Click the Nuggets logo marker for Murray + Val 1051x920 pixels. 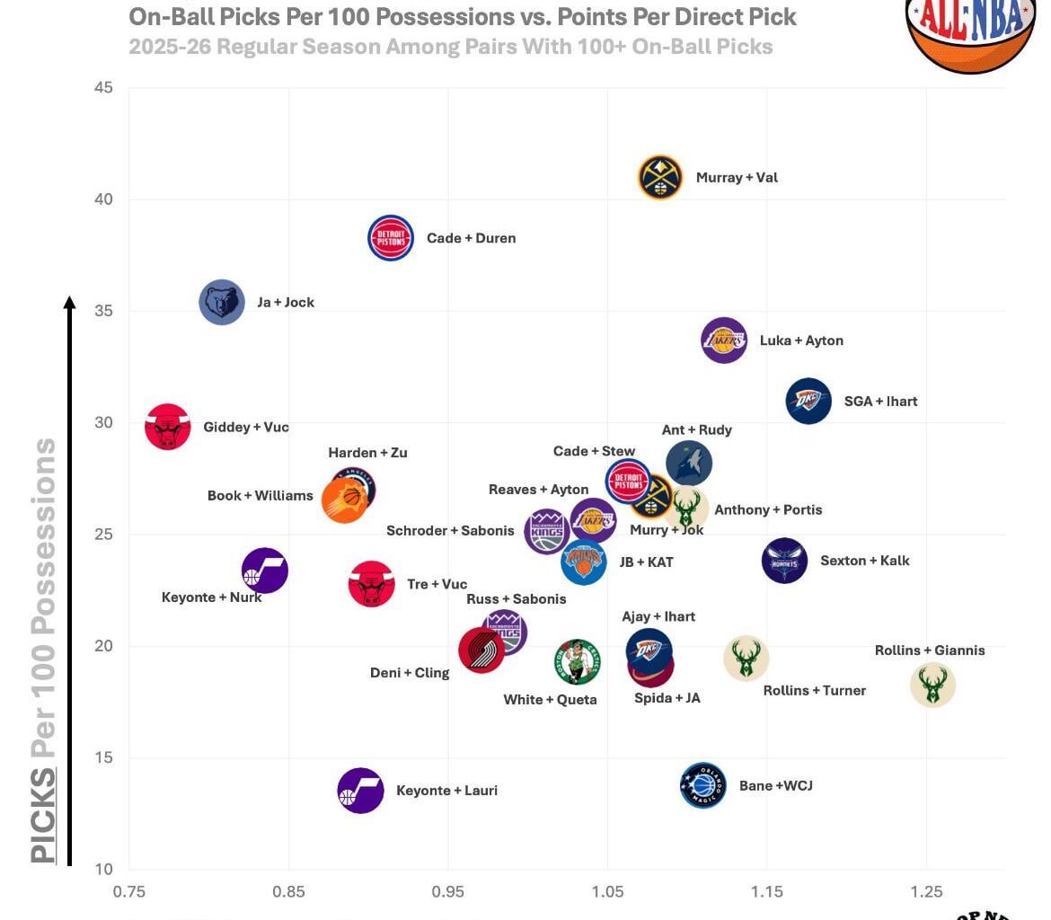click(x=661, y=177)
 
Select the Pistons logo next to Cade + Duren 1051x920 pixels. click(x=391, y=238)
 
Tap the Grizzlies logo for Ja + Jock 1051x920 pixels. click(x=221, y=302)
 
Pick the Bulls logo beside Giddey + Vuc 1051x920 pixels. click(x=168, y=426)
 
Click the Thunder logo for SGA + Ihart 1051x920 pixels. click(x=808, y=401)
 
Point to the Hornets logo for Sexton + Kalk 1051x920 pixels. click(x=784, y=561)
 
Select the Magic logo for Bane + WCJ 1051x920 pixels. click(x=702, y=785)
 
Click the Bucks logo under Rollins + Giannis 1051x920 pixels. click(x=932, y=685)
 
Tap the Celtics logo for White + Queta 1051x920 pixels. click(x=577, y=662)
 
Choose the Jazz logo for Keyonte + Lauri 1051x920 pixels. click(x=360, y=791)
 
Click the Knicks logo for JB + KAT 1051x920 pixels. click(x=584, y=562)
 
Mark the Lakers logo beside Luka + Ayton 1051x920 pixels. click(x=724, y=341)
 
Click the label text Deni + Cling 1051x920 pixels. click(x=410, y=673)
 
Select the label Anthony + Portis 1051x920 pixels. click(x=768, y=509)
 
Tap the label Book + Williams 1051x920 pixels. click(x=260, y=495)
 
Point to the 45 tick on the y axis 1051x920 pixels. click(x=103, y=87)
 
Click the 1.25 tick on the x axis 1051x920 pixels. click(x=926, y=891)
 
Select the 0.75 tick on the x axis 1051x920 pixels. click(x=129, y=891)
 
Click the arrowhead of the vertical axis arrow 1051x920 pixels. click(x=69, y=303)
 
